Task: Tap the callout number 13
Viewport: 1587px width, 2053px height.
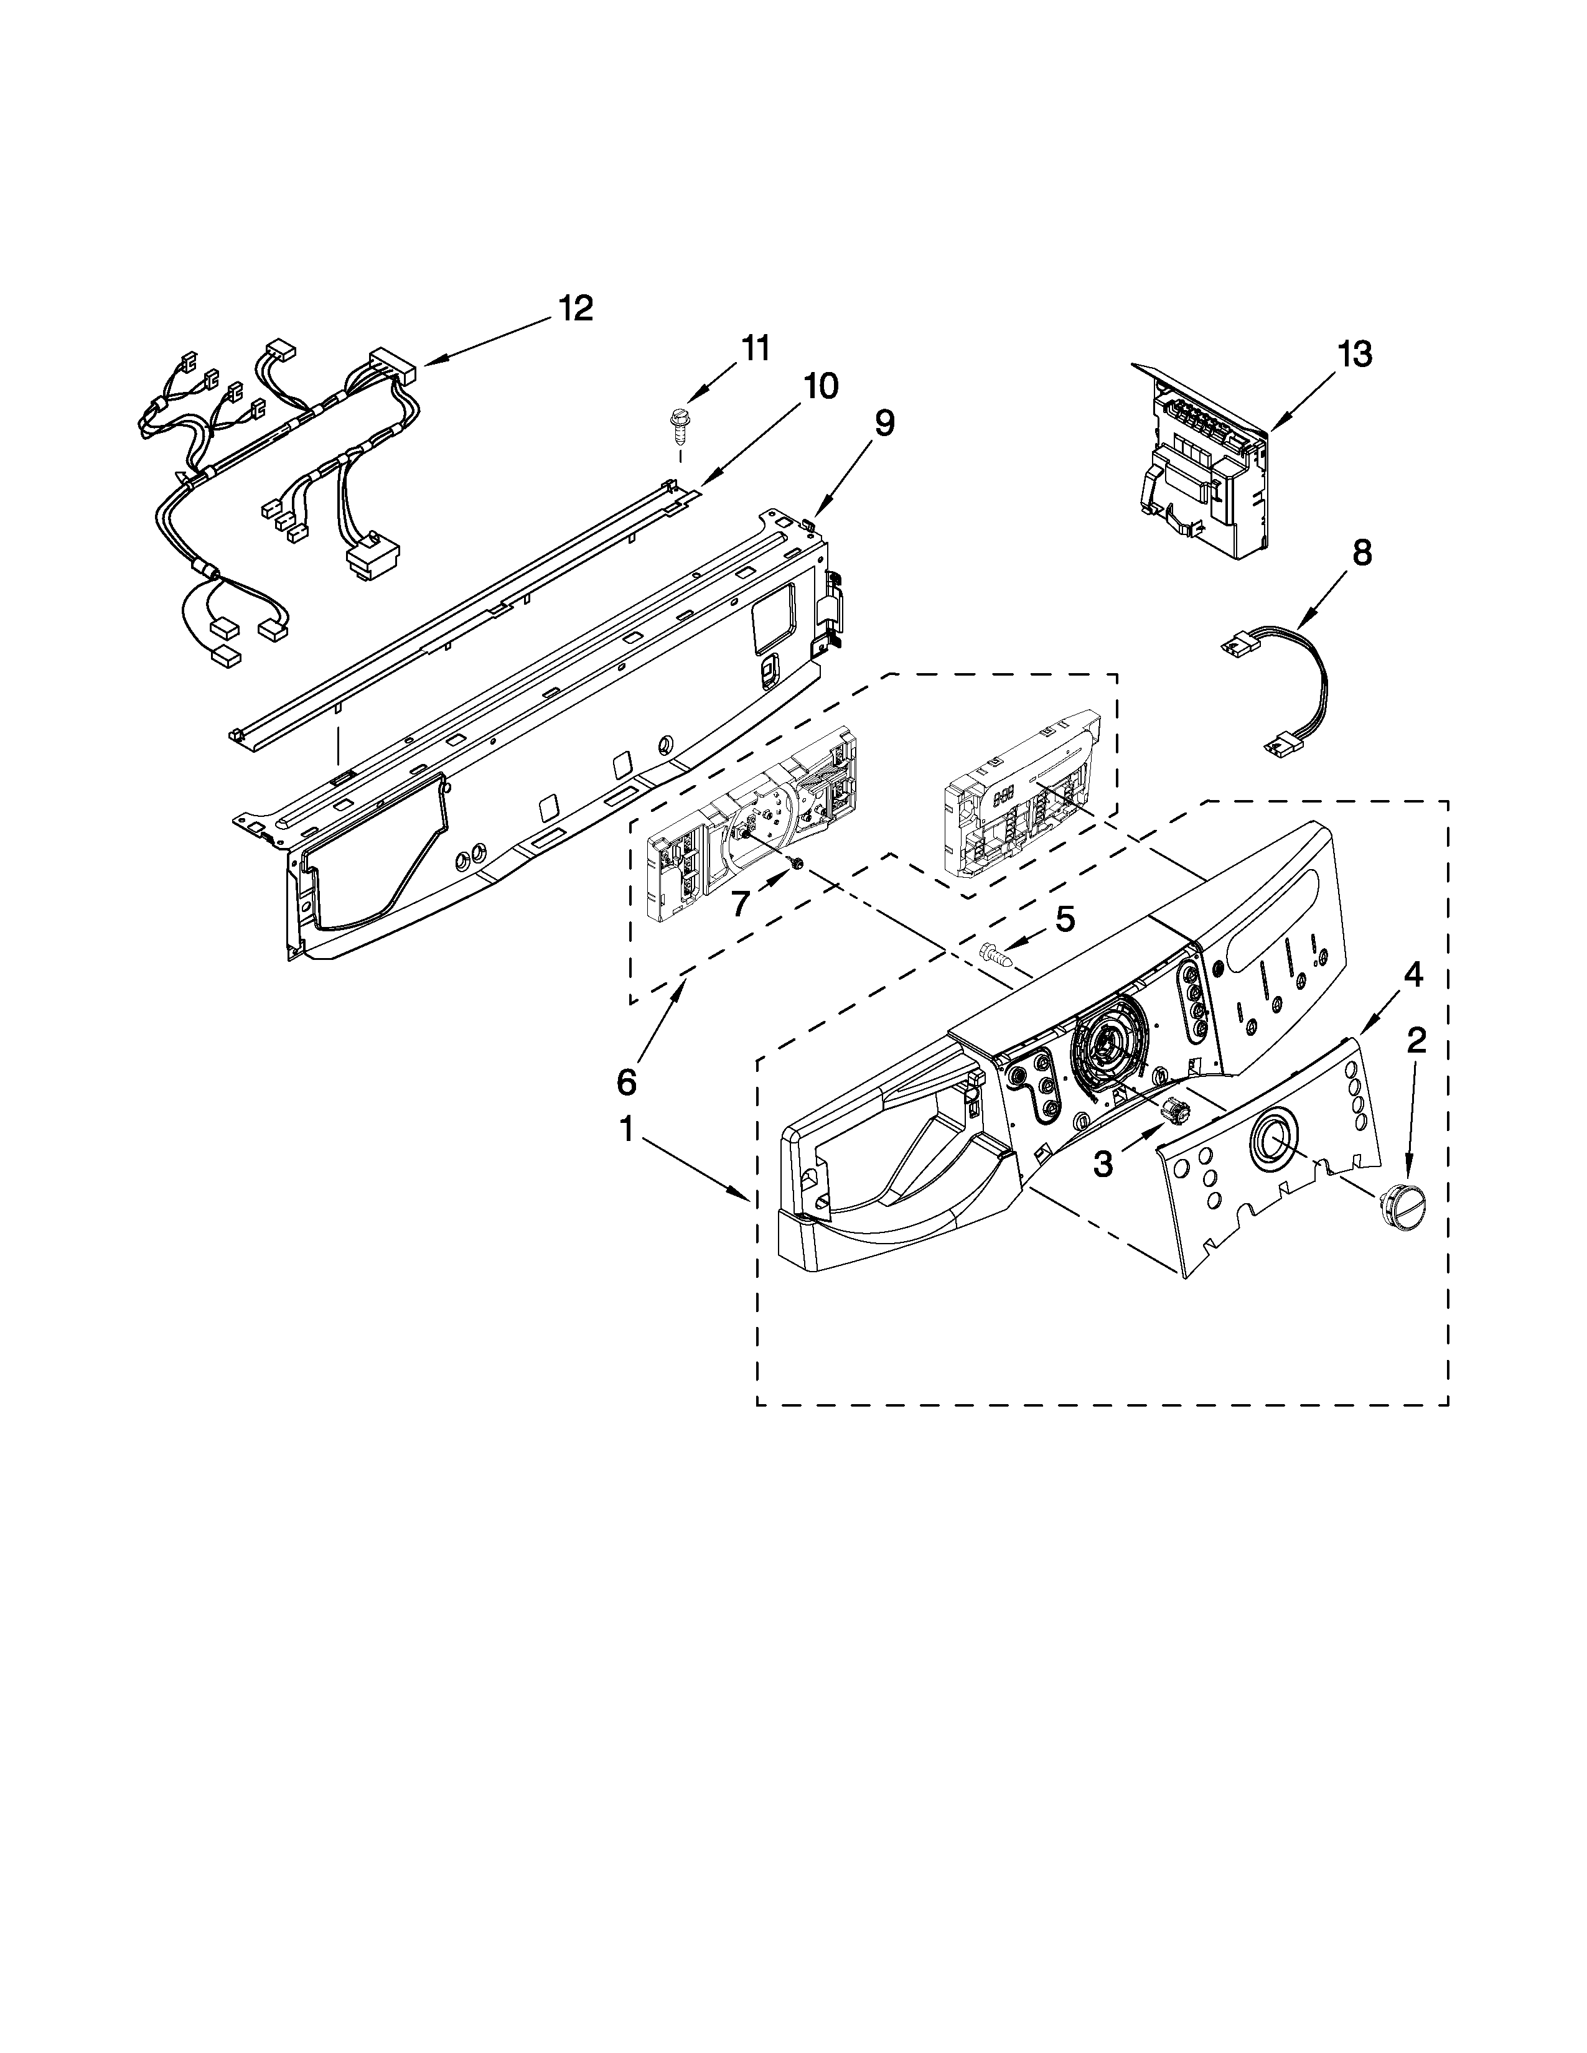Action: click(x=1355, y=355)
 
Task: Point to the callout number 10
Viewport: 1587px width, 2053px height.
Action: click(x=820, y=386)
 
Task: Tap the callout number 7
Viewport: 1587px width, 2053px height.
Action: click(x=740, y=903)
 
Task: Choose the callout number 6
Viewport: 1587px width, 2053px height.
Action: click(x=626, y=1083)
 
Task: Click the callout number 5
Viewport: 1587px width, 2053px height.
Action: click(x=1064, y=918)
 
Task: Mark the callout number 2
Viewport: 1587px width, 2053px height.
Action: click(x=1416, y=1039)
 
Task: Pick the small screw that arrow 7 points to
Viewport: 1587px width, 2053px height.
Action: click(x=797, y=863)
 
